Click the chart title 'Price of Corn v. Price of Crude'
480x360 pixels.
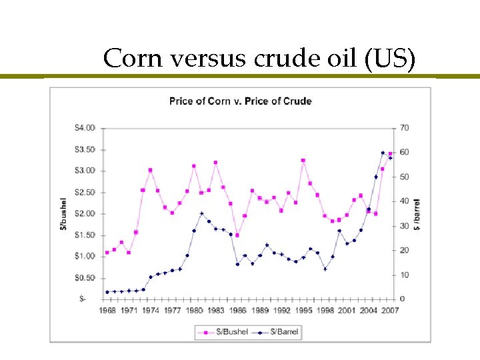(x=240, y=101)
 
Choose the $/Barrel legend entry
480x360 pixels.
(x=281, y=331)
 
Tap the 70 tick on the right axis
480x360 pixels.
(x=405, y=127)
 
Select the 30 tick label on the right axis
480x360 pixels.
(x=405, y=226)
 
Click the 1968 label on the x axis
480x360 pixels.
(x=107, y=311)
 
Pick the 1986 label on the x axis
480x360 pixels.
(x=238, y=311)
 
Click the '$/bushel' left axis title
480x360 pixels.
(x=64, y=213)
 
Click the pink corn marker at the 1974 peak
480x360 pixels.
(x=150, y=170)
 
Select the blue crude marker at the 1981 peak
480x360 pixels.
(x=201, y=213)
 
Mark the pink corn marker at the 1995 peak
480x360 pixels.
(x=303, y=161)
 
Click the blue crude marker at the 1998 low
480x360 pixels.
(x=325, y=269)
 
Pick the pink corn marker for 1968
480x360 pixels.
(x=107, y=253)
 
